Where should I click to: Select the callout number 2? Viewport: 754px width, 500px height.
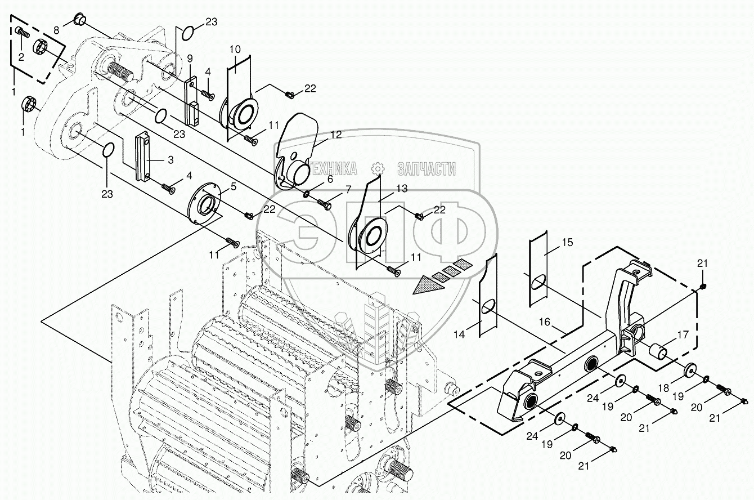click(x=21, y=56)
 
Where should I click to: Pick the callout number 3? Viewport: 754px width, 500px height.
click(x=171, y=160)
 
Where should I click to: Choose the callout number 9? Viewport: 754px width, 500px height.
click(x=190, y=58)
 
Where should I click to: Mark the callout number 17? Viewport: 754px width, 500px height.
click(x=683, y=334)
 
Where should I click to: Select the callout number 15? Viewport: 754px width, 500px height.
click(x=567, y=242)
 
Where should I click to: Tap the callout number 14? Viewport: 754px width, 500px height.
click(x=460, y=334)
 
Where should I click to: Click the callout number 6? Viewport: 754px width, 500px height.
click(x=330, y=179)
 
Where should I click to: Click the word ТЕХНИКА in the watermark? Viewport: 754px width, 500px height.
click(x=330, y=168)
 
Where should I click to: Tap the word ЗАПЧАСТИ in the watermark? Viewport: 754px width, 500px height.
click(x=426, y=168)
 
